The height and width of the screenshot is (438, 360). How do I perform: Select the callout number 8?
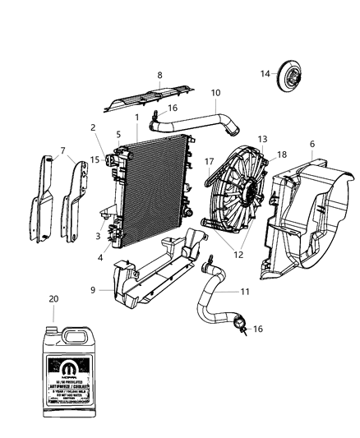pyautogui.click(x=159, y=75)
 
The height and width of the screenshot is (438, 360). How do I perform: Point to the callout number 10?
pyautogui.click(x=215, y=93)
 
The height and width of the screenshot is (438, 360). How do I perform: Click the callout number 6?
pyautogui.click(x=312, y=144)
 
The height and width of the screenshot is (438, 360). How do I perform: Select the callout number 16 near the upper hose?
pyautogui.click(x=173, y=108)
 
